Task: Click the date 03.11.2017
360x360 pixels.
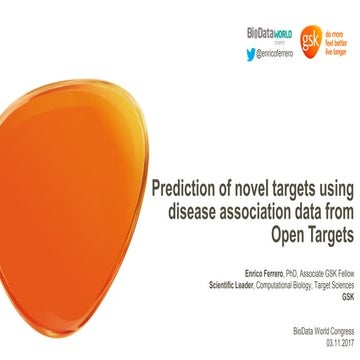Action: [x=338, y=342]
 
